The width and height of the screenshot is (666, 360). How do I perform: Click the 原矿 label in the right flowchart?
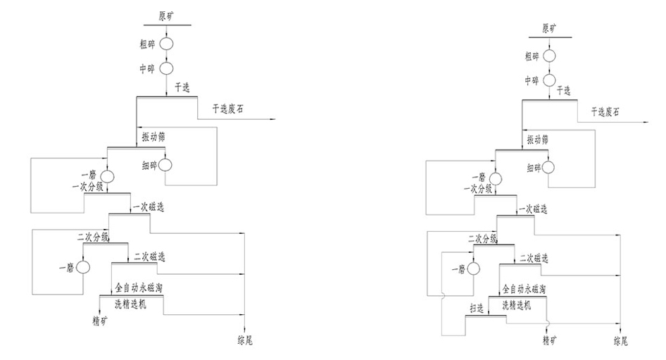pyautogui.click(x=549, y=29)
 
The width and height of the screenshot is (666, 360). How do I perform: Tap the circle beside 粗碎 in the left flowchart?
pyautogui.click(x=166, y=44)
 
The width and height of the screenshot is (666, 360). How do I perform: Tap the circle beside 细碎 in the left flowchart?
pyautogui.click(x=165, y=165)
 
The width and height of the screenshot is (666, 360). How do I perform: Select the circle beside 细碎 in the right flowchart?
pyautogui.click(x=548, y=168)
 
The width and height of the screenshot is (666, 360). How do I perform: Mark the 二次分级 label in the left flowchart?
pyautogui.click(x=94, y=237)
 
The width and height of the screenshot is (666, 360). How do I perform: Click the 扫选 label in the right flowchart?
pyautogui.click(x=477, y=307)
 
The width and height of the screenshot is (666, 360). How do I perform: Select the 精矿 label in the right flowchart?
pyautogui.click(x=549, y=341)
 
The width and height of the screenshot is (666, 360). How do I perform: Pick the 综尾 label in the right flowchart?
pyautogui.click(x=620, y=341)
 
